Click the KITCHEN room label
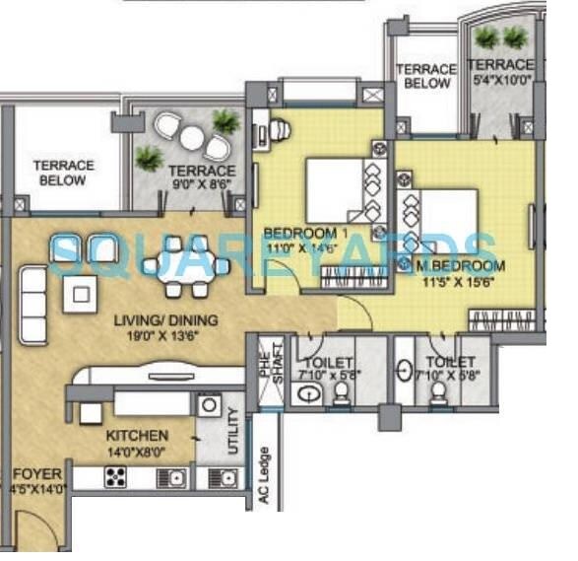click(138, 435)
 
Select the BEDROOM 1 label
click(306, 233)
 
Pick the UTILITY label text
click(232, 432)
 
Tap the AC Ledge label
click(264, 479)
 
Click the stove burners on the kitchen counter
click(115, 478)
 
